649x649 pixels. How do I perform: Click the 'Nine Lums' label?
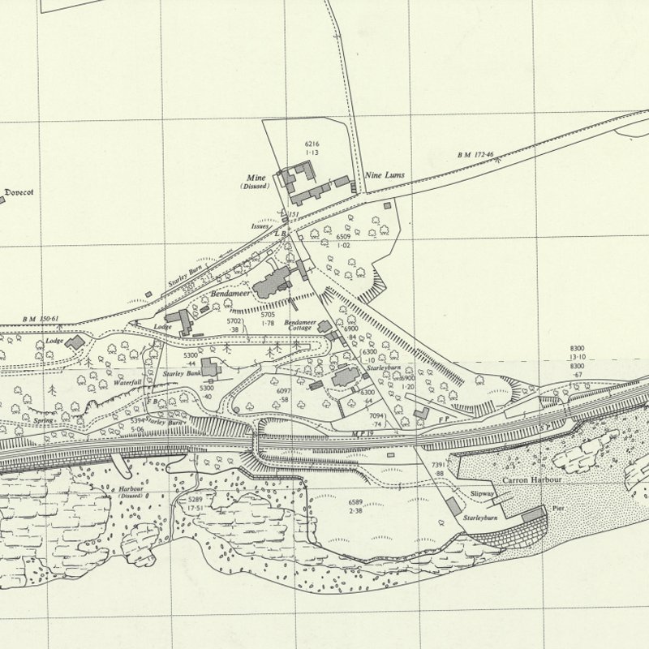386,175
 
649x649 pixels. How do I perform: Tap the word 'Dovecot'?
19,192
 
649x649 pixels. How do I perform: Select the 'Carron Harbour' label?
525,481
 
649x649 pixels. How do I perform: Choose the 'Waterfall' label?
128,381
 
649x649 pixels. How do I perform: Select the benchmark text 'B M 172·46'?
475,154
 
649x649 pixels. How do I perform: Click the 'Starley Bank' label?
180,373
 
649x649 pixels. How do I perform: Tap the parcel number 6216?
312,144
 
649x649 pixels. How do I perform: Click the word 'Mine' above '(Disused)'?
256,177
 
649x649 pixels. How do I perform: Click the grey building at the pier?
532,514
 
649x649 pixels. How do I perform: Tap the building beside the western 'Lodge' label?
75,342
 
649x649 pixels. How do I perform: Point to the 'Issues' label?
260,226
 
